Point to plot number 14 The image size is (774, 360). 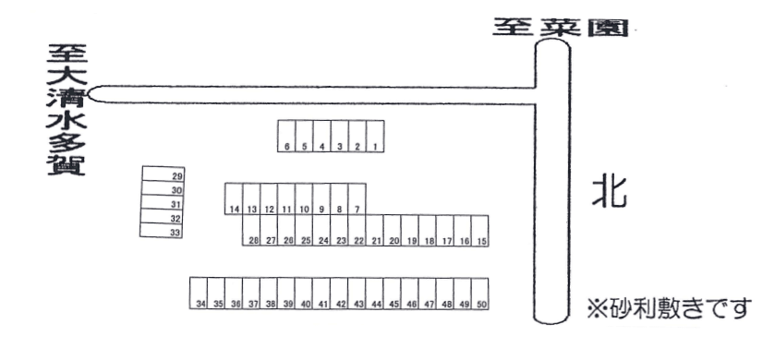(x=234, y=198)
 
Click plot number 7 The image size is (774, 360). (x=357, y=198)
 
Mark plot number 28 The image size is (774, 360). (x=252, y=231)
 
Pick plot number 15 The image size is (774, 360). (x=480, y=231)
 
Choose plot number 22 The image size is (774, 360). (x=357, y=231)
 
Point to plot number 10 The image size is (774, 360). (x=304, y=198)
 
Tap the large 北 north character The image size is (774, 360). (x=609, y=193)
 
